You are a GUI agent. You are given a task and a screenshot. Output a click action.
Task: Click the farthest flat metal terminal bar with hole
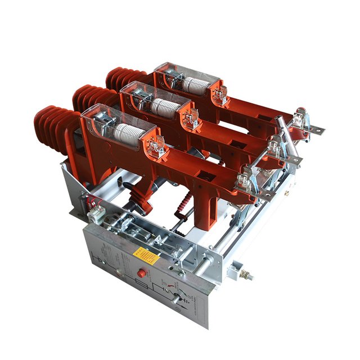(x=315, y=130)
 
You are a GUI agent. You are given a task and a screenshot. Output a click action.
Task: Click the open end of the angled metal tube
(x=278, y=120)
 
